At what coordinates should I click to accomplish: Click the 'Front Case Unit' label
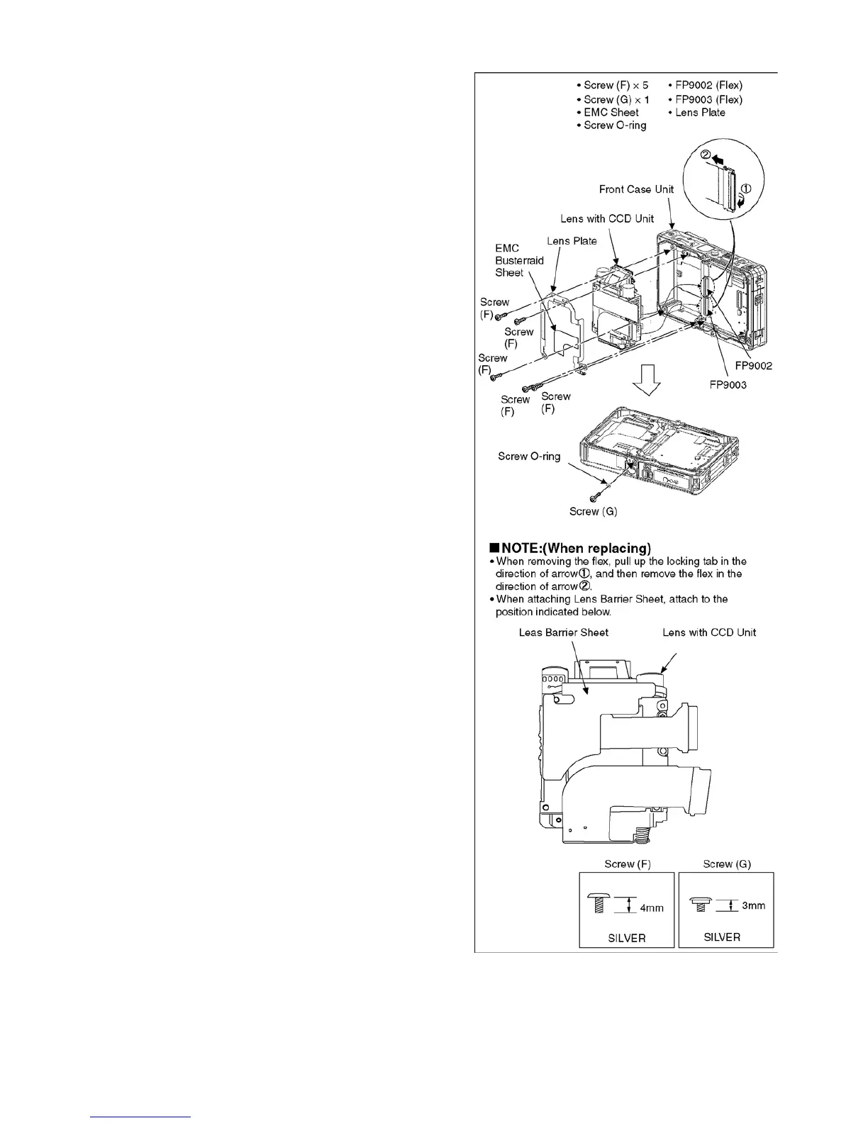pyautogui.click(x=637, y=189)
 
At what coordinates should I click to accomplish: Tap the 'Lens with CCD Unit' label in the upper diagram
pyautogui.click(x=607, y=218)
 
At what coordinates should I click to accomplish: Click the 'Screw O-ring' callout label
pyautogui.click(x=529, y=457)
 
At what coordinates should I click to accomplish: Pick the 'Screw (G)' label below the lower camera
pyautogui.click(x=593, y=512)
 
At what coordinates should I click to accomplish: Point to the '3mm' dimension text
pyautogui.click(x=753, y=905)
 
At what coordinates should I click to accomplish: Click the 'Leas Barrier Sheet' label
pyautogui.click(x=564, y=632)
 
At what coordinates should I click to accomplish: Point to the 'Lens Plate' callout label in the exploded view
pyautogui.click(x=572, y=241)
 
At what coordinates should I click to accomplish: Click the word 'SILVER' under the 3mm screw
pyautogui.click(x=722, y=937)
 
